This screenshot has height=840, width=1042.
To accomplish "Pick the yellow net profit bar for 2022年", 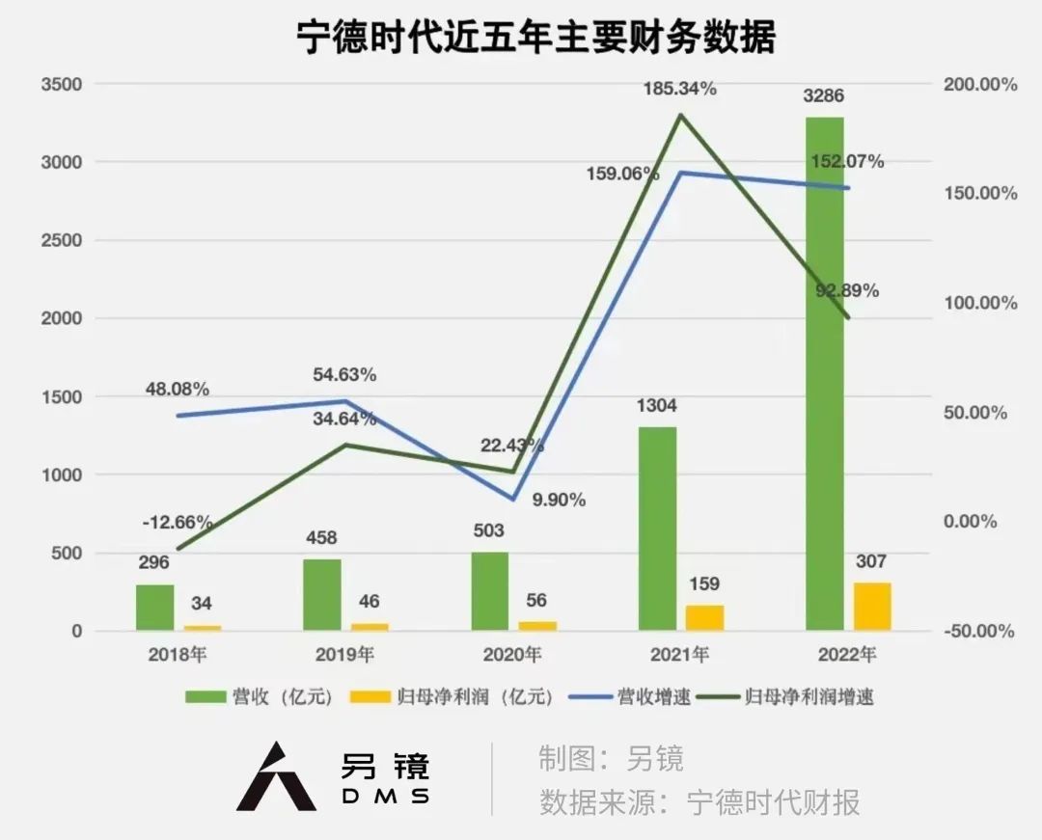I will point(872,607).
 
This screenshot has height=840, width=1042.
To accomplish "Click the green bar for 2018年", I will point(154,608).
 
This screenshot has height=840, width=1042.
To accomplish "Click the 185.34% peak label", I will point(681,89).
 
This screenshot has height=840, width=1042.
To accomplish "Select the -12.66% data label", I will point(177,522).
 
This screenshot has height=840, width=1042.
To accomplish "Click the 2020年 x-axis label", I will point(512,655).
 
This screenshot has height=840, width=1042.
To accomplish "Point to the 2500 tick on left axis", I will point(61,240).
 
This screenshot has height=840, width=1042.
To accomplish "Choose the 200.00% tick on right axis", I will point(978,85).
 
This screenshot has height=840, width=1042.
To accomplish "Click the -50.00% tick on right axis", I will point(978,632).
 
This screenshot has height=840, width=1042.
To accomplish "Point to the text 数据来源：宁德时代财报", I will point(699,802).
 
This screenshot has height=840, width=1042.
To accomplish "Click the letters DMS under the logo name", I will point(385,796).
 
